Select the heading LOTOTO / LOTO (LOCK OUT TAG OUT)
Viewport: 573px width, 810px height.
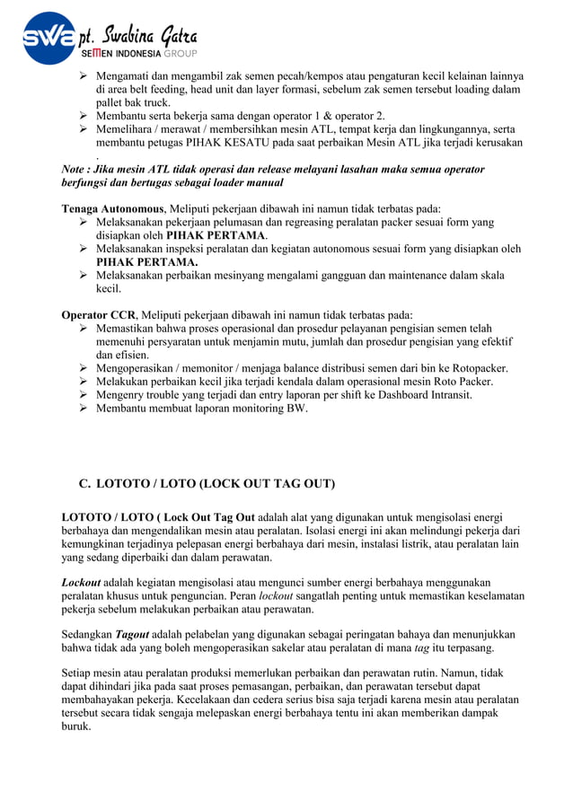(x=215, y=484)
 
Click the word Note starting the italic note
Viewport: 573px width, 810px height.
(x=75, y=169)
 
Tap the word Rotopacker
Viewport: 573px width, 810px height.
(x=477, y=368)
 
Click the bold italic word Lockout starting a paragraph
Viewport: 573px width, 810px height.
(x=81, y=582)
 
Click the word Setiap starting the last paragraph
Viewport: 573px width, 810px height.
(x=76, y=673)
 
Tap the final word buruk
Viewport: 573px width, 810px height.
(x=75, y=726)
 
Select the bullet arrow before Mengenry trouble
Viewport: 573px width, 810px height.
(x=84, y=394)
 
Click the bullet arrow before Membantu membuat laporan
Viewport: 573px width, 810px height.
(x=84, y=408)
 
